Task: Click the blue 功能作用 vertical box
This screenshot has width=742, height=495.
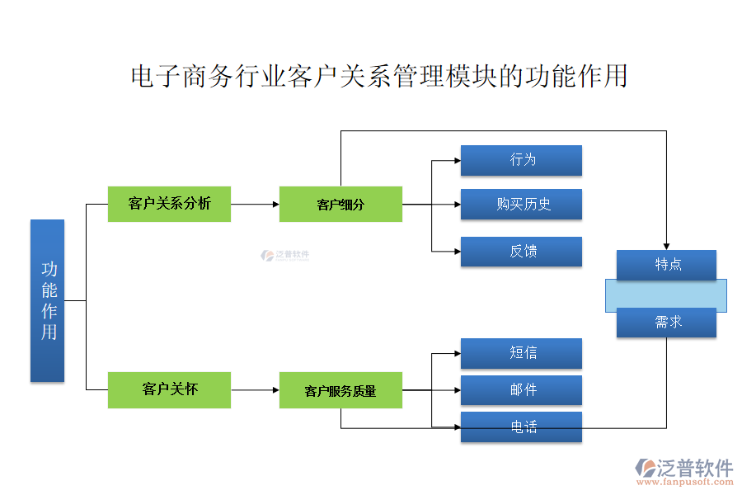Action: point(47,300)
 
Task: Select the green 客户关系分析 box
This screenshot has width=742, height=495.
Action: point(169,204)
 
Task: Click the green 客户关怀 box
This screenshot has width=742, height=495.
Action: point(169,389)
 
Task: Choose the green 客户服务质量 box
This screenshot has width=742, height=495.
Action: point(340,390)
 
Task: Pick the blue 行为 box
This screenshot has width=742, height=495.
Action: point(521,160)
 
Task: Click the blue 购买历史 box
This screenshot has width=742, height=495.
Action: point(521,205)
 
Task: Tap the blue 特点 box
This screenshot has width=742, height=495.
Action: point(666,265)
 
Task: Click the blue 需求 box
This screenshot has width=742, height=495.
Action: point(666,323)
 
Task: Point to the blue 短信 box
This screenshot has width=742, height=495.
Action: point(521,353)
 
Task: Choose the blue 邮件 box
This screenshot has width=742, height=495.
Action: point(521,390)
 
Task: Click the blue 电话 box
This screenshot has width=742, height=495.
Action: point(521,427)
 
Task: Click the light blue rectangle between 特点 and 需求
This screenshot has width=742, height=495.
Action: point(666,294)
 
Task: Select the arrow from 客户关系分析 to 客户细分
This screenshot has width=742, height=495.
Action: point(255,204)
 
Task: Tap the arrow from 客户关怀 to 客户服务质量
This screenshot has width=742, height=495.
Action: point(255,389)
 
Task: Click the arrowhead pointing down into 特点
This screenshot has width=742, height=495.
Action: point(666,245)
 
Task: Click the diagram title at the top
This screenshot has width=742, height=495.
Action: point(379,77)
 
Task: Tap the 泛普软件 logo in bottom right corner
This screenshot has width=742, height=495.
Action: point(683,470)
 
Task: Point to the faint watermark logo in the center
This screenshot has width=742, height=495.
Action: point(285,256)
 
